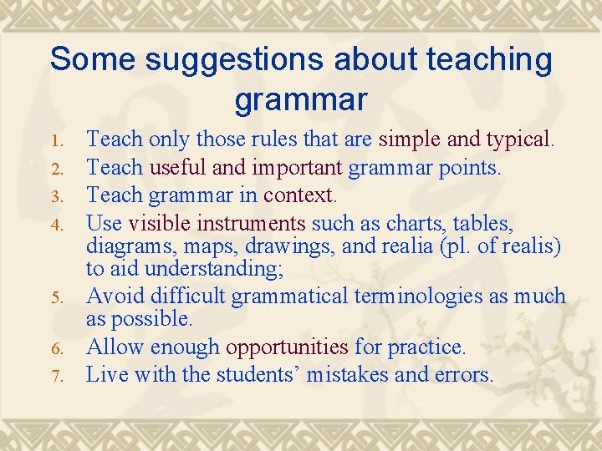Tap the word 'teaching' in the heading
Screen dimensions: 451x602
489,60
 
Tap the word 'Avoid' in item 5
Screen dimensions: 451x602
115,296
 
